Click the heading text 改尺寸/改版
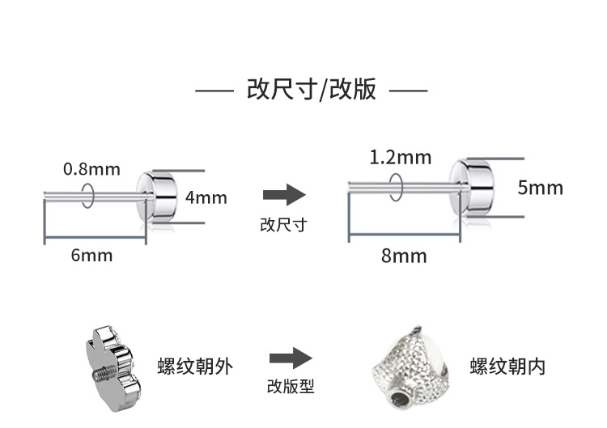coord(312,89)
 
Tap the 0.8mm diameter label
coord(91,169)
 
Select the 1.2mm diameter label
coord(400,157)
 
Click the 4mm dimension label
coord(206,197)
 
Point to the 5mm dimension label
coord(540,189)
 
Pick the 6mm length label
coord(91,256)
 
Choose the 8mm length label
coord(404,256)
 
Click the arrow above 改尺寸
coord(284,195)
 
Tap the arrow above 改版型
coord(291,358)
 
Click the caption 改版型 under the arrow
coord(291,387)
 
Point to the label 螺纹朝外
coord(195,367)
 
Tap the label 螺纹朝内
coord(507,367)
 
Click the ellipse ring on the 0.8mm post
coord(88,194)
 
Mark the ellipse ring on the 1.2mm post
coord(396,187)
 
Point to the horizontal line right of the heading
coord(408,91)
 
